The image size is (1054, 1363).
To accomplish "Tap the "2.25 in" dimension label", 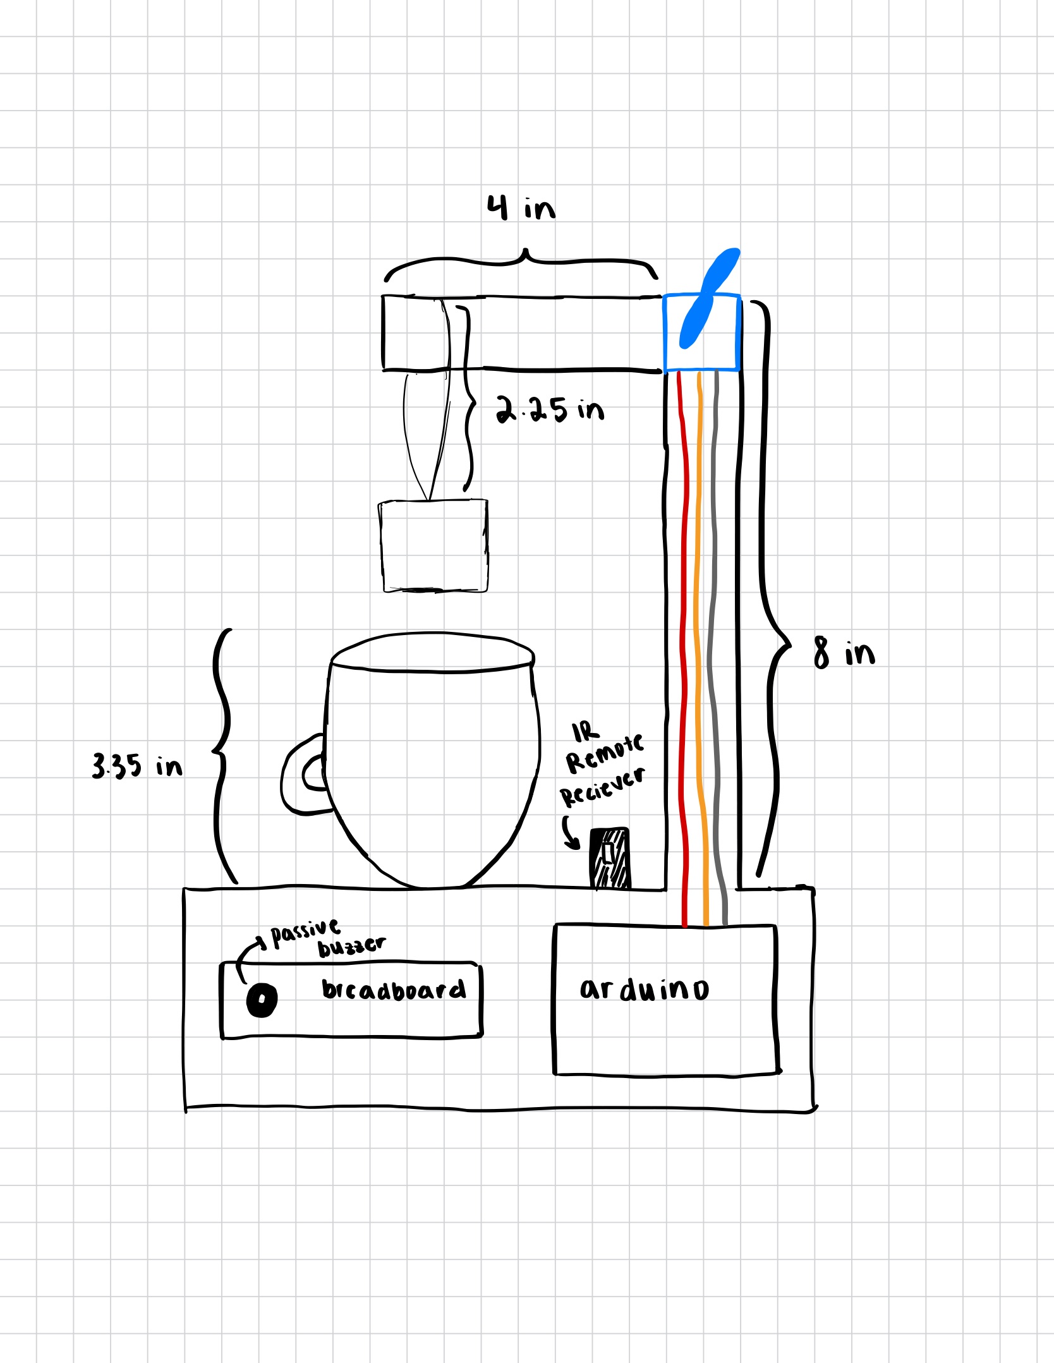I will [x=549, y=410].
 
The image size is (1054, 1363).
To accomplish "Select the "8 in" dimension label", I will [x=844, y=652].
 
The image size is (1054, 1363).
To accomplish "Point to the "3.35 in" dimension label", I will [x=137, y=766].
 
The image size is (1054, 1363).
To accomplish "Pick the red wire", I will [x=683, y=632].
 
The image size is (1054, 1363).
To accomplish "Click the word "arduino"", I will [x=644, y=989].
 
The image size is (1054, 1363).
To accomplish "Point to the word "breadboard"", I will [x=393, y=989].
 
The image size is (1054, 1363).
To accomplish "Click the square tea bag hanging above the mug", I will [x=434, y=546].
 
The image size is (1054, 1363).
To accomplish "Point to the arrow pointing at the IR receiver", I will [x=571, y=832].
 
